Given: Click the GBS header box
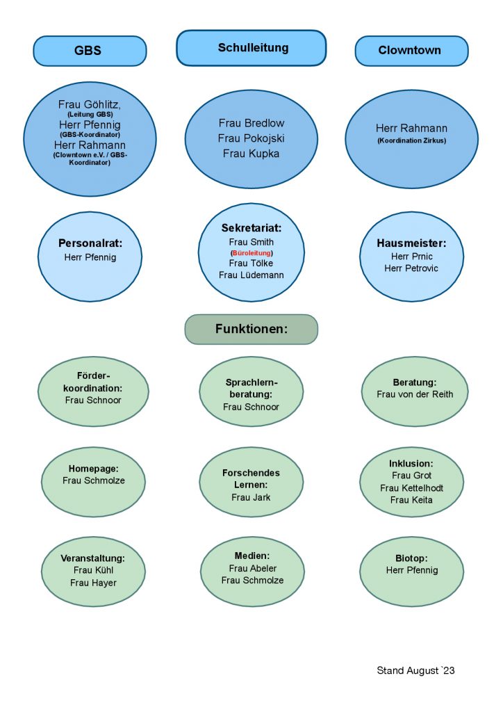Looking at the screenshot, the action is click(90, 51).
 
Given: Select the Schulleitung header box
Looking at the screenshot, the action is click(251, 48).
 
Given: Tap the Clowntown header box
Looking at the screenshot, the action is click(411, 51).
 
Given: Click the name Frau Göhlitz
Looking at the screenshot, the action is click(90, 104).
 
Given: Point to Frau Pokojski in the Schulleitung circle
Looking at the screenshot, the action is click(251, 138).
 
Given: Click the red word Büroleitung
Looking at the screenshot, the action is click(251, 253).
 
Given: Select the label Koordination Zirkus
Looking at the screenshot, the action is click(412, 140).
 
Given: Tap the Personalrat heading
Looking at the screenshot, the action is click(90, 243).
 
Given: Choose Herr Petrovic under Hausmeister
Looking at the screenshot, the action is click(411, 268).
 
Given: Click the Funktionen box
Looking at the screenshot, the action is click(251, 329).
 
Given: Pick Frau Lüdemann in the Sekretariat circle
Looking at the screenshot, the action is click(251, 275).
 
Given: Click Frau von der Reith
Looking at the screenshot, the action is click(415, 394).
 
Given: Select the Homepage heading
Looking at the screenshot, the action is click(93, 469).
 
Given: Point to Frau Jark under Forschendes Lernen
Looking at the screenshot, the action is click(251, 498).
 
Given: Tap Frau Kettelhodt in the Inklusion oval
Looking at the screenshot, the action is click(411, 488).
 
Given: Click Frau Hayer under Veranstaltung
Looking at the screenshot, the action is click(93, 583).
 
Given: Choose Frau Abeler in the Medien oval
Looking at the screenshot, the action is click(253, 569).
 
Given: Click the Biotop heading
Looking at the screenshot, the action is click(411, 558).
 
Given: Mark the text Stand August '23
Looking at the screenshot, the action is click(415, 671).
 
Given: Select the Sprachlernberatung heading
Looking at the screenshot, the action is click(251, 388).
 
